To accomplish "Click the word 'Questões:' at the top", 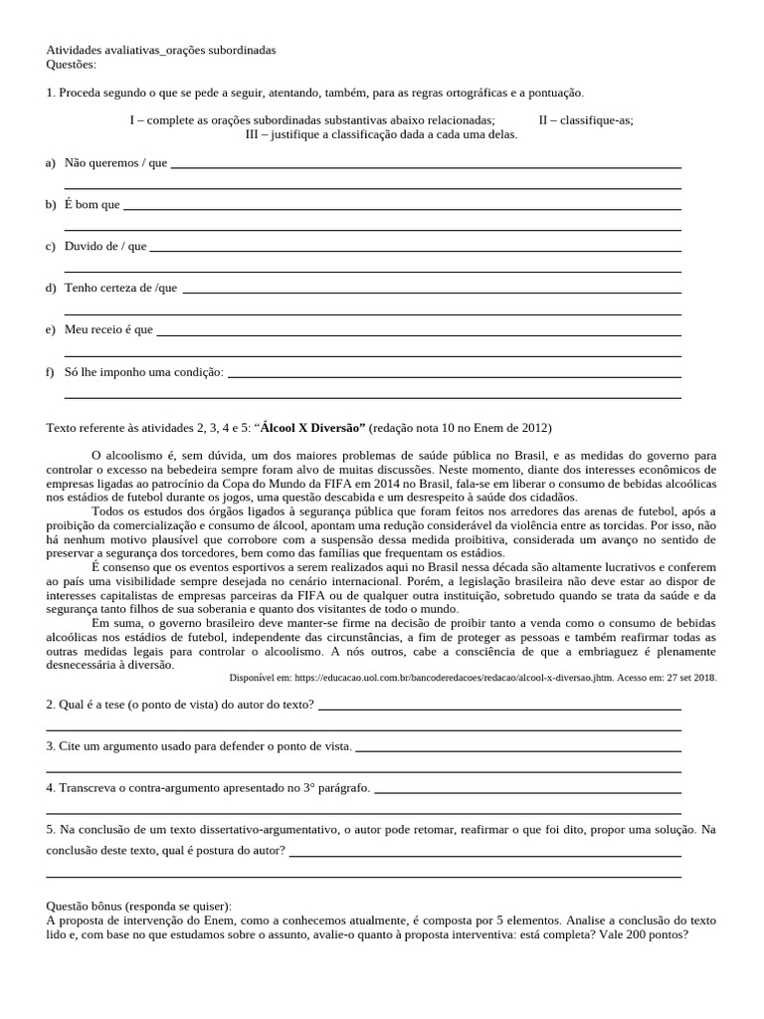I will click(72, 64).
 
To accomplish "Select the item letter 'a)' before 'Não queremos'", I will click(50, 162).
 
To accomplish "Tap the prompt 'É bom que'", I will click(92, 204).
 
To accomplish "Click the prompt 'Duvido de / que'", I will click(105, 246).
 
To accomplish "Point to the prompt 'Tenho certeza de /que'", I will click(120, 288).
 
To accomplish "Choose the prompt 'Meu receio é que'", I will click(108, 329).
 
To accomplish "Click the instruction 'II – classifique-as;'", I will click(586, 119).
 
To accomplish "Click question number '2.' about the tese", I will click(52, 705).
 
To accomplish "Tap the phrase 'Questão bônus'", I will click(90, 906).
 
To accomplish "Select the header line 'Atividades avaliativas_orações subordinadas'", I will click(161, 49).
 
